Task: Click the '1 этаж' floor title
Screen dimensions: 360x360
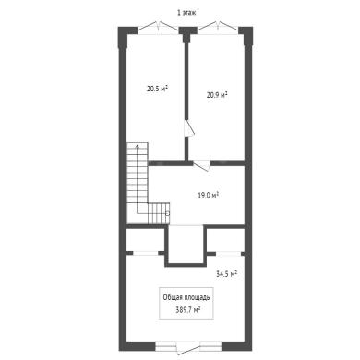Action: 186,13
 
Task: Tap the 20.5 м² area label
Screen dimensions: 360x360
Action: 157,89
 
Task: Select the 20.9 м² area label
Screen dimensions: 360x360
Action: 217,95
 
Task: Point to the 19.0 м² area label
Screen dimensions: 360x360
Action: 208,195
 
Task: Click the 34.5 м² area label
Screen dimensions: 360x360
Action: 226,274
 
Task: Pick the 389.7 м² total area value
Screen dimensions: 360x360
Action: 188,310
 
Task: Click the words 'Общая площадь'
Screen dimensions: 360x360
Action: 186,297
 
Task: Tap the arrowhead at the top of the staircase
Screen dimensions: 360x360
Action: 138,146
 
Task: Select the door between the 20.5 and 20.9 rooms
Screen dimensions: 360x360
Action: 188,127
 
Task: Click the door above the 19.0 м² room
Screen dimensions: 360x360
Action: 201,165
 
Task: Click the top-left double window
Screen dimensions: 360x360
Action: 158,26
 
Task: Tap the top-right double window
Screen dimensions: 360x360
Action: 218,26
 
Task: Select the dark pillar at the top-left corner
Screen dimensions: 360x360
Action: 126,36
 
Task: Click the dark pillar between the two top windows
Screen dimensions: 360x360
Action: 187,33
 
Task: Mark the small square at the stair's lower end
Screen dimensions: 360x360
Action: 168,213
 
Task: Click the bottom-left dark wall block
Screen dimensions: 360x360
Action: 138,346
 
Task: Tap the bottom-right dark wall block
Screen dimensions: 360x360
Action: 237,346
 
